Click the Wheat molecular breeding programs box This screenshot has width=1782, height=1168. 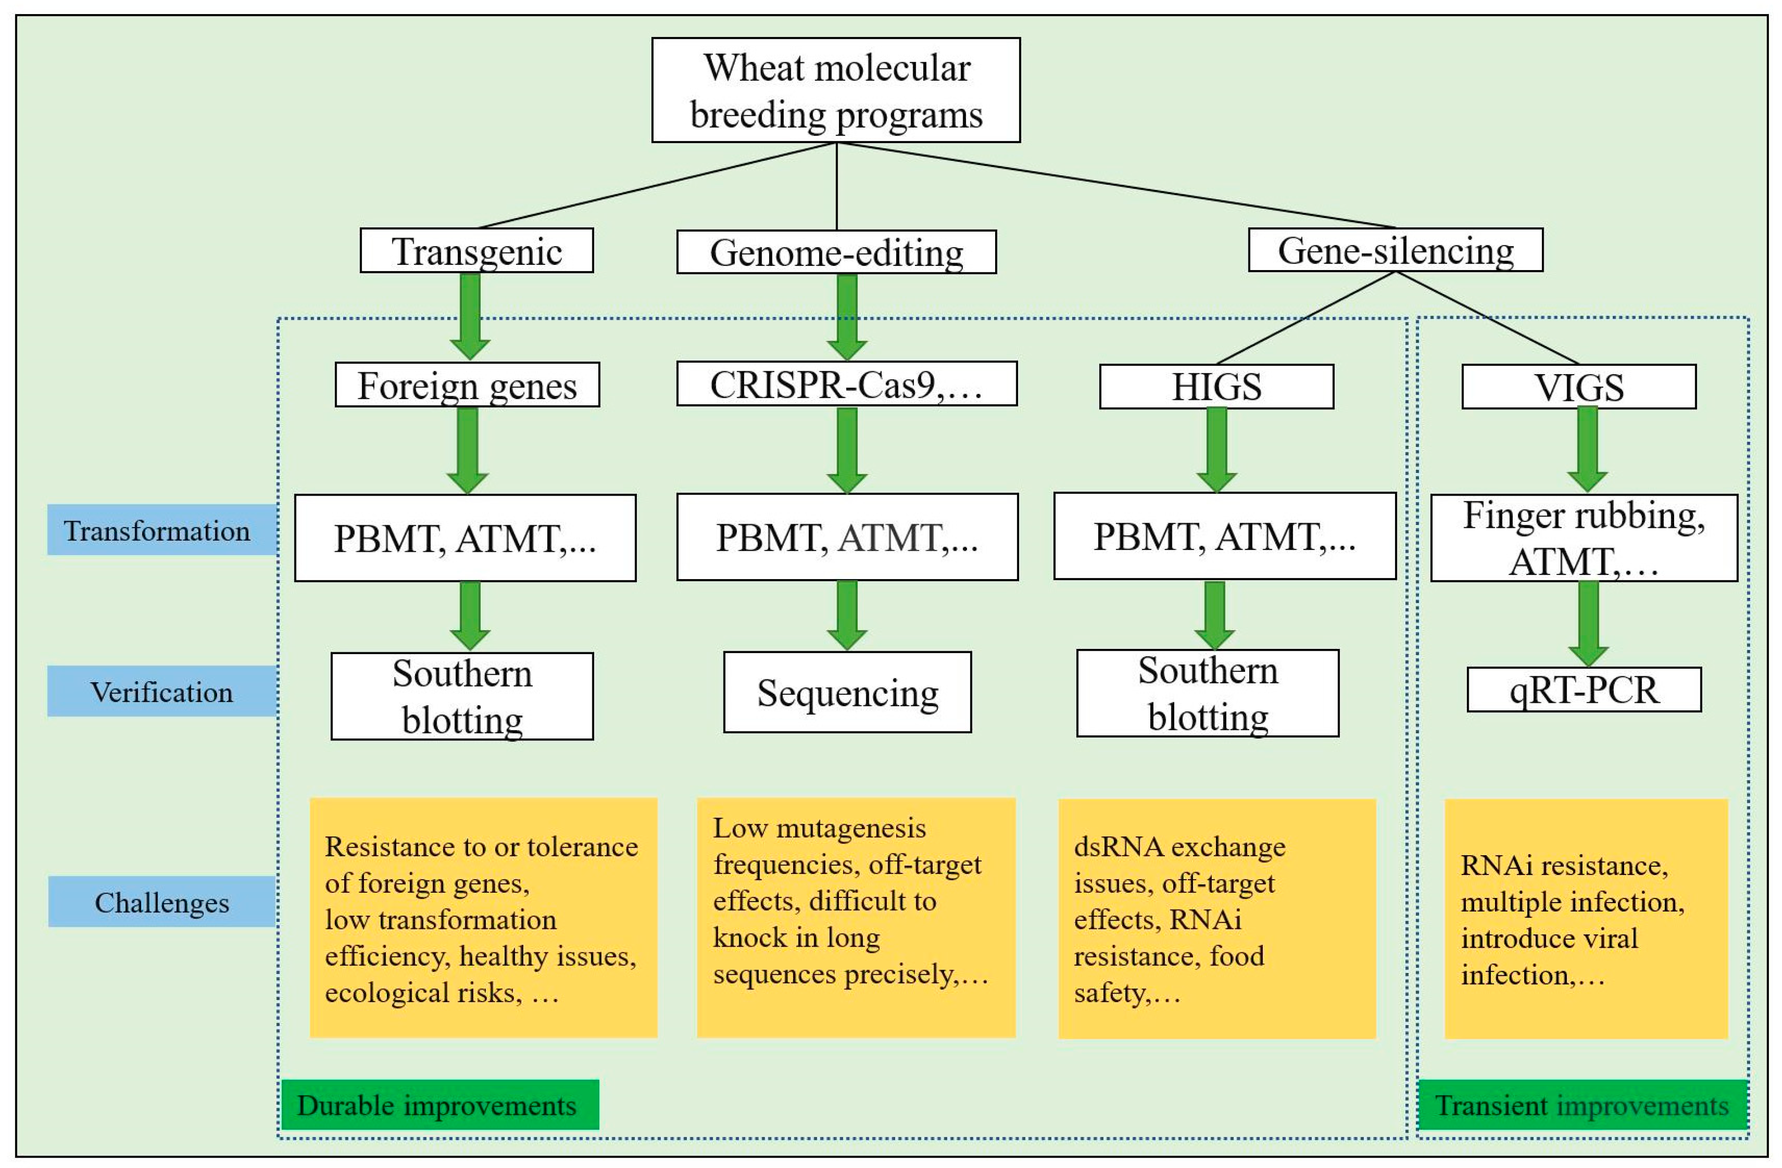point(836,90)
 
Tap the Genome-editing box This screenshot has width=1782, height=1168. point(836,252)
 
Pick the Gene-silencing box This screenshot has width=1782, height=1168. point(1395,250)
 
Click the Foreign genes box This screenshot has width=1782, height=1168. point(467,385)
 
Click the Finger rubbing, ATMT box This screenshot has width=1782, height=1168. point(1584,537)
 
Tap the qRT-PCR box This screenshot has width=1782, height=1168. point(1584,690)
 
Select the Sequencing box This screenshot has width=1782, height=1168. point(847,693)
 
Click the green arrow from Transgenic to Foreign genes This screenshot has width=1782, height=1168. point(470,315)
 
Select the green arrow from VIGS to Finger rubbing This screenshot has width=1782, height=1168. point(1587,448)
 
